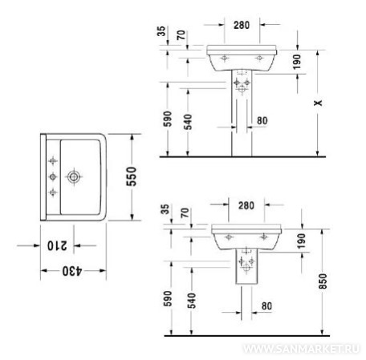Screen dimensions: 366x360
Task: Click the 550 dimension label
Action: click(132, 176)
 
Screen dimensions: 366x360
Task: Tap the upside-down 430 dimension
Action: click(72, 271)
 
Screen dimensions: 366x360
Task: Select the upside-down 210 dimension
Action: click(57, 245)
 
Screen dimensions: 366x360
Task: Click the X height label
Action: click(318, 103)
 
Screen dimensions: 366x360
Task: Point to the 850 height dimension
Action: click(323, 281)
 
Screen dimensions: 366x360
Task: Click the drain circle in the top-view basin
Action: click(74, 176)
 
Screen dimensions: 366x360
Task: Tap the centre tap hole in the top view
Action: click(53, 176)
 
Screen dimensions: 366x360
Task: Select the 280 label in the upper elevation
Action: click(242, 25)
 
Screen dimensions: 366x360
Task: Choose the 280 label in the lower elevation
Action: click(246, 205)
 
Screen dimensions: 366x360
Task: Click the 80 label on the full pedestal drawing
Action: click(262, 121)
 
